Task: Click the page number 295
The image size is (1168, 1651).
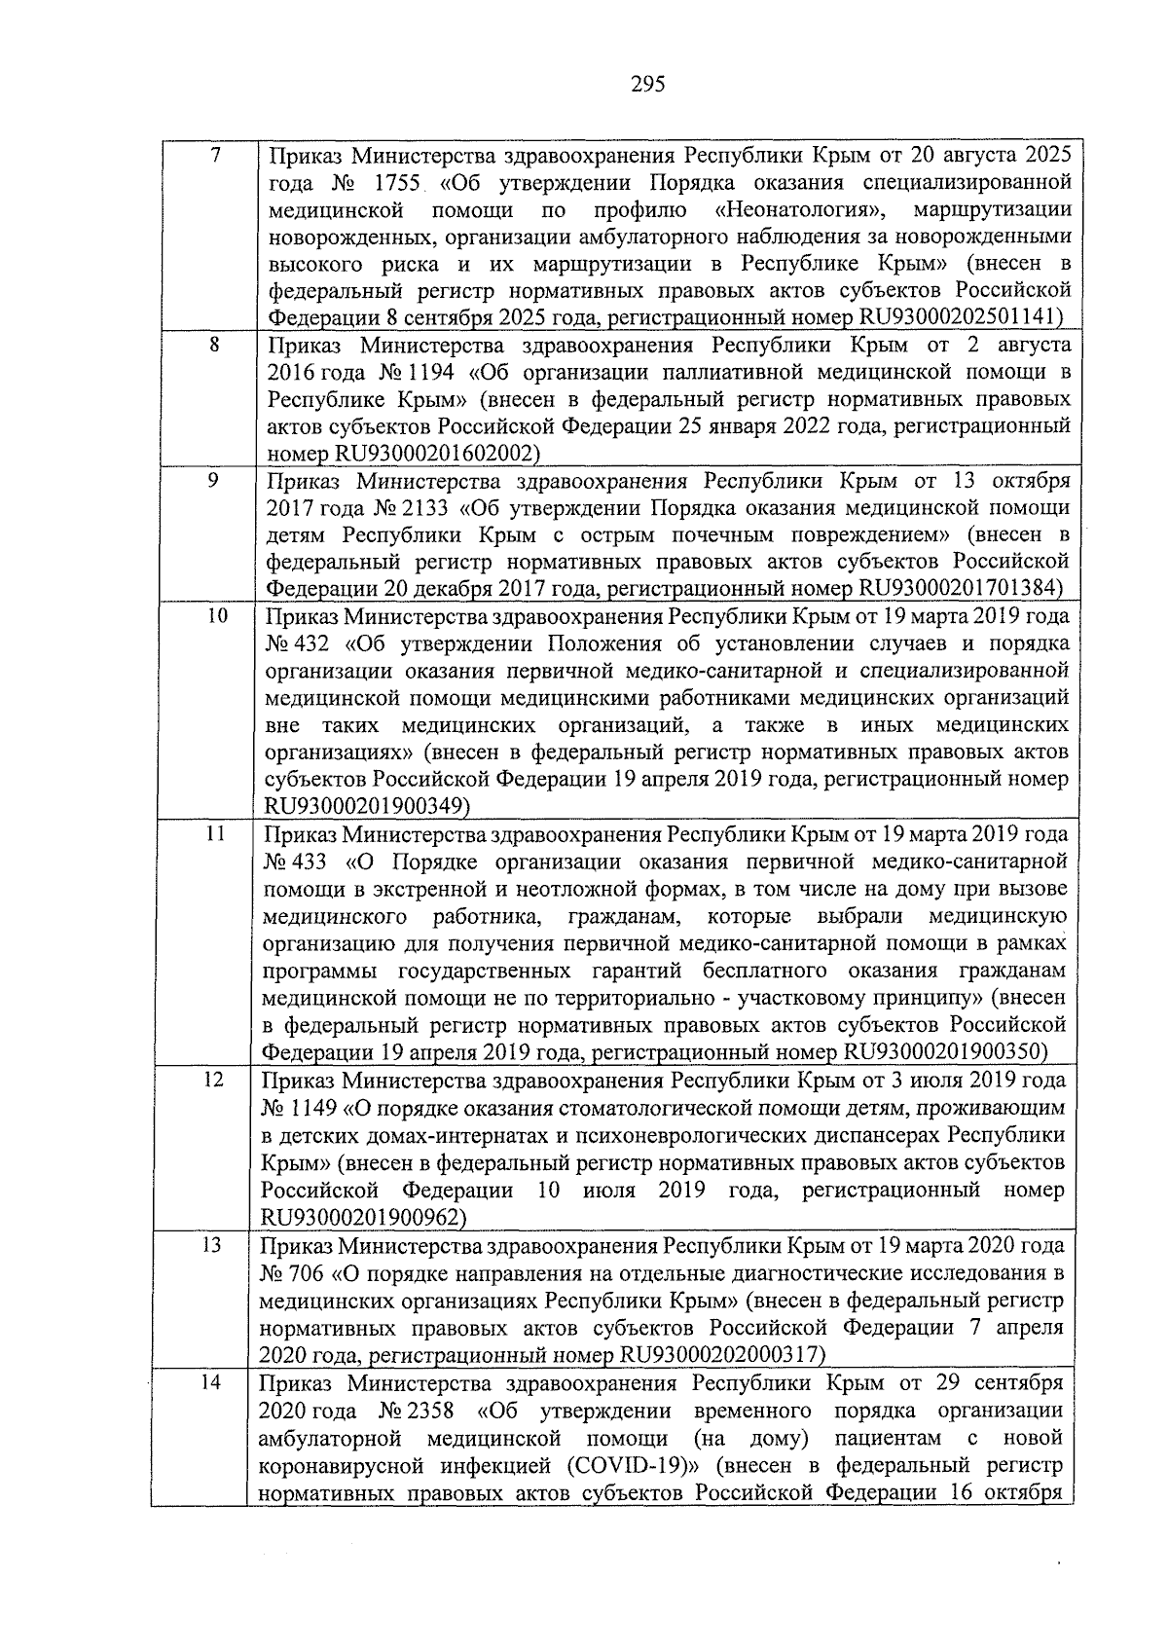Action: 647,85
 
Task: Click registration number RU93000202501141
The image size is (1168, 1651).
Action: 957,316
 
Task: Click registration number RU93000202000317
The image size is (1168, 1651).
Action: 719,1355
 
